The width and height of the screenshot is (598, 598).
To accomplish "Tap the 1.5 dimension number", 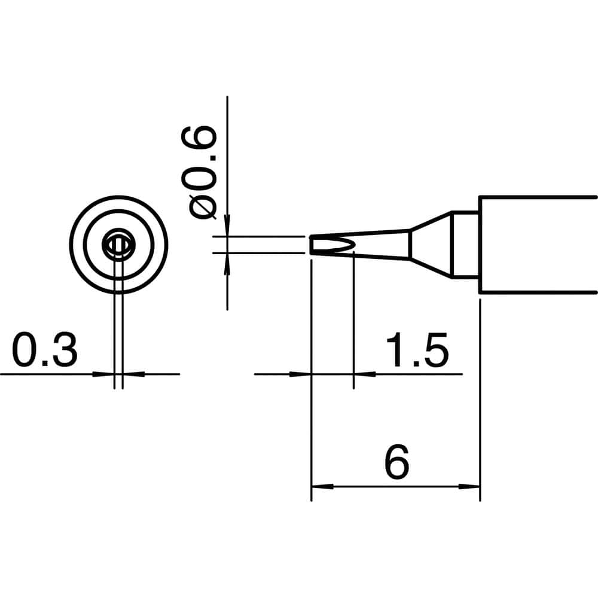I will pos(417,351).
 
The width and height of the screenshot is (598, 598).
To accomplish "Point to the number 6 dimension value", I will pos(396,462).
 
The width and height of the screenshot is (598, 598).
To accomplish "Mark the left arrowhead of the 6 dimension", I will pos(321,486).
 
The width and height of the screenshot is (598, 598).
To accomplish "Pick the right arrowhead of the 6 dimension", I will pos(471,486).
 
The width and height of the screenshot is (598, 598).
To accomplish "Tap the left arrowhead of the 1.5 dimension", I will pos(303,374).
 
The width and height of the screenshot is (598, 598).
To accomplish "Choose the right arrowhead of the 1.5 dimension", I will pos(364,374).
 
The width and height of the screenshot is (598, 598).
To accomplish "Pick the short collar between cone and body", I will pos(465,245).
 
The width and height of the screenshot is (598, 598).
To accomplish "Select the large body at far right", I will pos(538,245).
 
